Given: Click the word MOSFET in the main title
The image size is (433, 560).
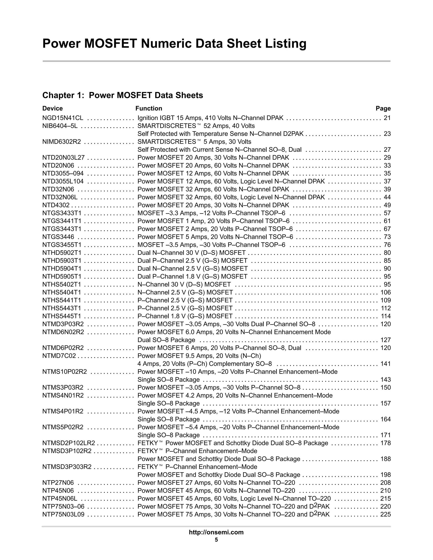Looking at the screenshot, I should [x=110, y=44].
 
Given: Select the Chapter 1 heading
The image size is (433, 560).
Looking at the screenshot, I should [x=123, y=95].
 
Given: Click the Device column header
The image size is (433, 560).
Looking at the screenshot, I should [x=52, y=108].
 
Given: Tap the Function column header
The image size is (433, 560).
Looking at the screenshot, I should [x=149, y=108].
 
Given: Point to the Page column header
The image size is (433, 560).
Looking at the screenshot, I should [x=383, y=108].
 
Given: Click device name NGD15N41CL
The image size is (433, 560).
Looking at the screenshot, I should [x=63, y=118].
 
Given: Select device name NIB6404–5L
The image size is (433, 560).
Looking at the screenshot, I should [x=60, y=126].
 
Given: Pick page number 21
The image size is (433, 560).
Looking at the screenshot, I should [x=387, y=118].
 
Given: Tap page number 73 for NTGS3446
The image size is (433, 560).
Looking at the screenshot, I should [x=387, y=237].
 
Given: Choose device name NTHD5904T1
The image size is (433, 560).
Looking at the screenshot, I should [x=62, y=269].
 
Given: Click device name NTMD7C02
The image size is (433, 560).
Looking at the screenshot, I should [x=59, y=356].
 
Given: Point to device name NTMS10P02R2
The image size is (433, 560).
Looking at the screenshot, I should [x=65, y=372].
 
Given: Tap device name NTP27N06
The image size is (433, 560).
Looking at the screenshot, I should [x=58, y=483].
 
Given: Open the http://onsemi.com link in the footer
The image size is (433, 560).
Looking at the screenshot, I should [x=216, y=532].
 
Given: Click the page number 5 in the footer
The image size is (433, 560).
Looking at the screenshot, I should [x=216, y=540].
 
